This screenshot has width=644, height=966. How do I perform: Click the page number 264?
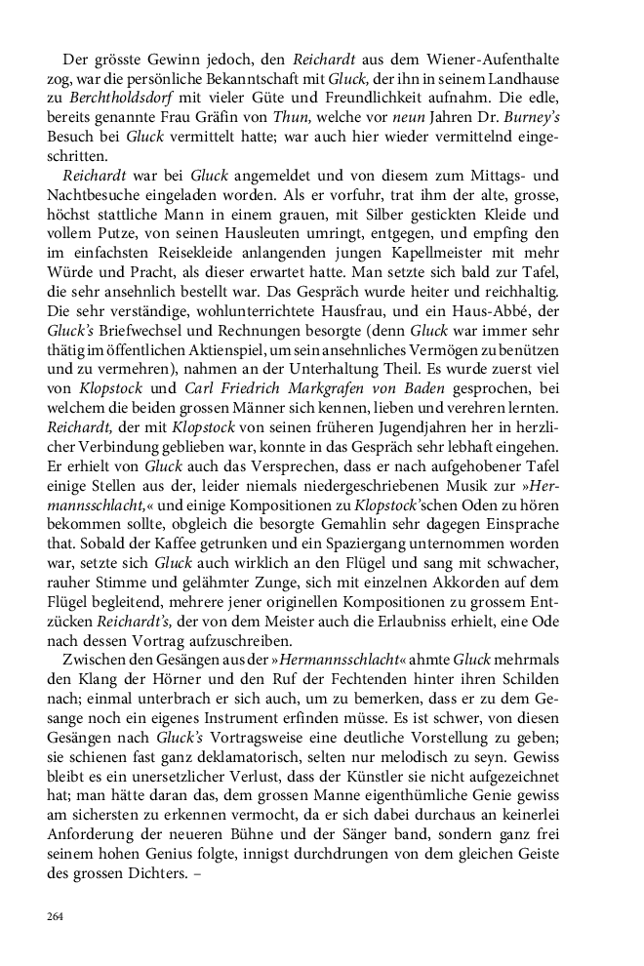(55, 915)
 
